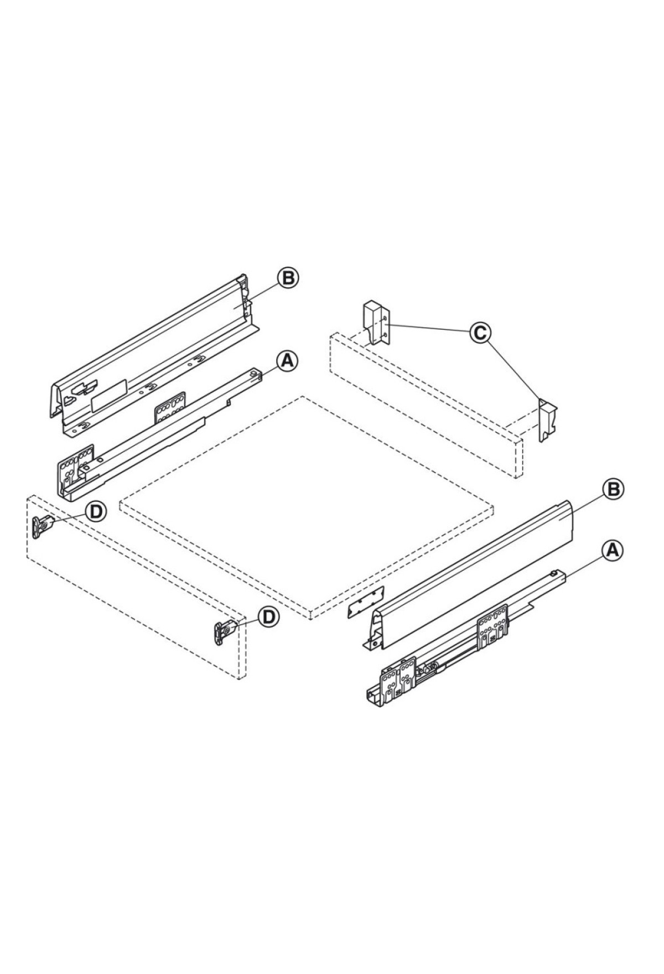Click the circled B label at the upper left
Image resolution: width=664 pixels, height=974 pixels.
click(288, 277)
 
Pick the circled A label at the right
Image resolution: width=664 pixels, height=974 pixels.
click(612, 550)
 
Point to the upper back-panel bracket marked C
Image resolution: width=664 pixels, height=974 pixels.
click(376, 324)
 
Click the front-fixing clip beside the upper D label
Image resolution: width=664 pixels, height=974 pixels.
click(43, 526)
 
